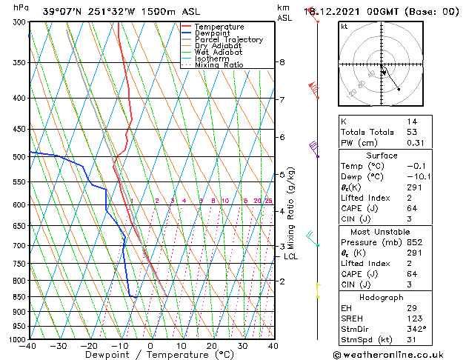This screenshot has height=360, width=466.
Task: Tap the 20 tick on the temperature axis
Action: coord(212,345)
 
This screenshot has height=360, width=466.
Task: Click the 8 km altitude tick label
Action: coord(282,62)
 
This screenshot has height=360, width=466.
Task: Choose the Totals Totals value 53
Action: coord(411,132)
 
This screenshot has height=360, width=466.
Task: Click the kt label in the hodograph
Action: coord(344,26)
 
